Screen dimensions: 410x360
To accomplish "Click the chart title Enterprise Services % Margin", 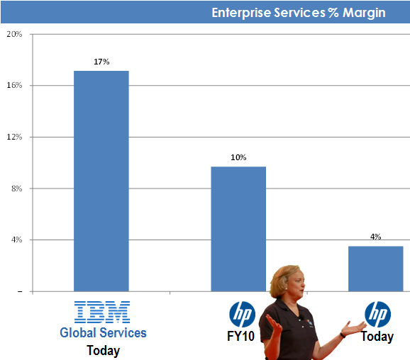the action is (299, 13).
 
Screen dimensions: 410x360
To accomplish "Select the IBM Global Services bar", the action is (101, 181).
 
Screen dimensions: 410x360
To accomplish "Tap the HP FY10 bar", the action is (238, 229).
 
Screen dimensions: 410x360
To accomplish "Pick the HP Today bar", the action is (375, 269).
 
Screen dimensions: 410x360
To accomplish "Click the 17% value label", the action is (101, 62).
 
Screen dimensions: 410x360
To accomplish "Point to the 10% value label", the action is (238, 157).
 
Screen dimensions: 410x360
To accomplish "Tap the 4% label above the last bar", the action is (375, 237).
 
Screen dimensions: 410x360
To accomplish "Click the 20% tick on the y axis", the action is (14, 34).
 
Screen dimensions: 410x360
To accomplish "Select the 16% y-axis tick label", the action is (14, 85).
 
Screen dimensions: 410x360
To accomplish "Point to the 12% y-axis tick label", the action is (14, 137).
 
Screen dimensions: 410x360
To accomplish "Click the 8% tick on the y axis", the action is (17, 189).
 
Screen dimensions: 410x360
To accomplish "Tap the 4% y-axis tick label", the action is (17, 240).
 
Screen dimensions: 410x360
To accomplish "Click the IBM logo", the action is (102, 312).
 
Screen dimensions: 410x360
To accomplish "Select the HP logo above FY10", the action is (242, 314).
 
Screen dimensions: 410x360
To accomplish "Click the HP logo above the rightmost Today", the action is (378, 314).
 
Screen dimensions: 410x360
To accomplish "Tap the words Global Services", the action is (103, 333).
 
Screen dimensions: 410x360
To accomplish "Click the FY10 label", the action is (240, 336).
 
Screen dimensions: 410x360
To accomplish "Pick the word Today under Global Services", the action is (104, 351).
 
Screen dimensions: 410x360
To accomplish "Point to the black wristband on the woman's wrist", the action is (343, 335).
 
